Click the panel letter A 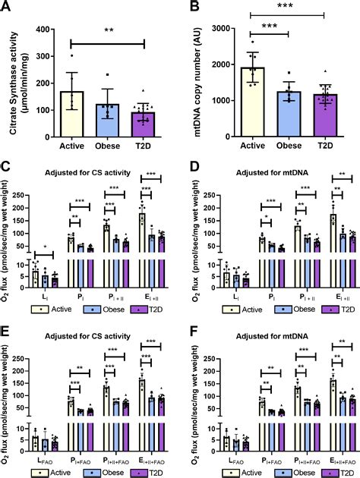[x=7, y=8]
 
